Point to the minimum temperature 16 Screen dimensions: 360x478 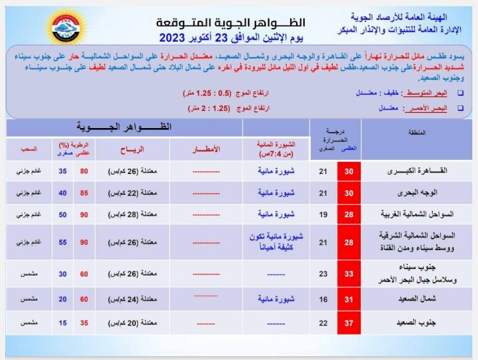[322, 298]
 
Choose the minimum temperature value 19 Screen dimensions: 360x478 [322, 214]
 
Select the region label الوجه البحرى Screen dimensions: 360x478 [414, 192]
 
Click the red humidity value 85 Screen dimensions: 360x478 [83, 192]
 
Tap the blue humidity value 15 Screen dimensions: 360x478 [62, 322]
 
